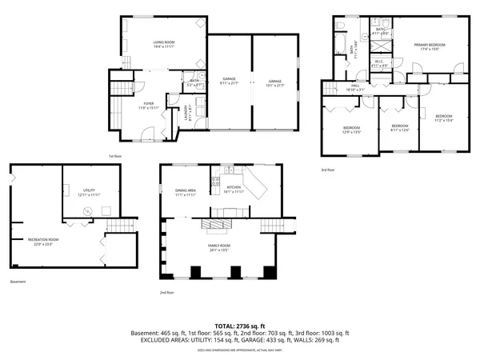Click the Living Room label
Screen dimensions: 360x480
pos(165,44)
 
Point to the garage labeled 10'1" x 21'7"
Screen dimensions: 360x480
pos(274,81)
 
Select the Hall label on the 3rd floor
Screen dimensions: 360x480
pos(354,89)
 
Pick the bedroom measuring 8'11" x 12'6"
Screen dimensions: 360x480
pos(399,127)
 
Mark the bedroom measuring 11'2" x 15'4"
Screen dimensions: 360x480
pos(443,118)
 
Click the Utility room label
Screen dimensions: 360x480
pos(78,193)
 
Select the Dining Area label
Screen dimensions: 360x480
pos(186,193)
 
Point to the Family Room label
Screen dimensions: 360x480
pos(219,247)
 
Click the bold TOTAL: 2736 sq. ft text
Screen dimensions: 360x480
pos(239,326)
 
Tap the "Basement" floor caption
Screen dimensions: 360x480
pos(18,282)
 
